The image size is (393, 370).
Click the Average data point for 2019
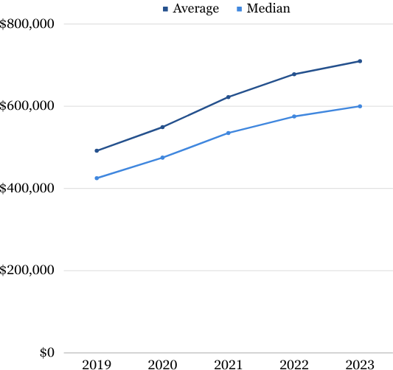[x=97, y=150]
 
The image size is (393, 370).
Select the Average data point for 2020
[x=162, y=127]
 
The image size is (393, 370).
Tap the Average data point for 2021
[x=229, y=97]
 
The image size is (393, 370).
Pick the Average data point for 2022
[x=294, y=74]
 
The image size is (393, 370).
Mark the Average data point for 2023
[x=360, y=61]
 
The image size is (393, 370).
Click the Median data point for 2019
[x=97, y=178]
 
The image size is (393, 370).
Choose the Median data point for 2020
[x=162, y=157]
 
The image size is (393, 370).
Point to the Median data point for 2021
[x=229, y=133]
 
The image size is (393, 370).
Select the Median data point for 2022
[x=294, y=116]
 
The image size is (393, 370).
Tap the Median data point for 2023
[x=360, y=106]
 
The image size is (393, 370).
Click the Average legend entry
[x=190, y=9]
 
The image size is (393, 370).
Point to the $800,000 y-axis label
[x=28, y=24]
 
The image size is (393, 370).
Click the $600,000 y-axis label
[x=28, y=106]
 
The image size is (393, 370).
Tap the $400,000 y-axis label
[x=28, y=188]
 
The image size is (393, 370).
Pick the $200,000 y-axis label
[x=28, y=270]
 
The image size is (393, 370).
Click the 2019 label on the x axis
[x=97, y=364]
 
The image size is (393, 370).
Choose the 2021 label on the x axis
[x=229, y=364]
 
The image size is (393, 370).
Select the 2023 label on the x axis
[x=360, y=364]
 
